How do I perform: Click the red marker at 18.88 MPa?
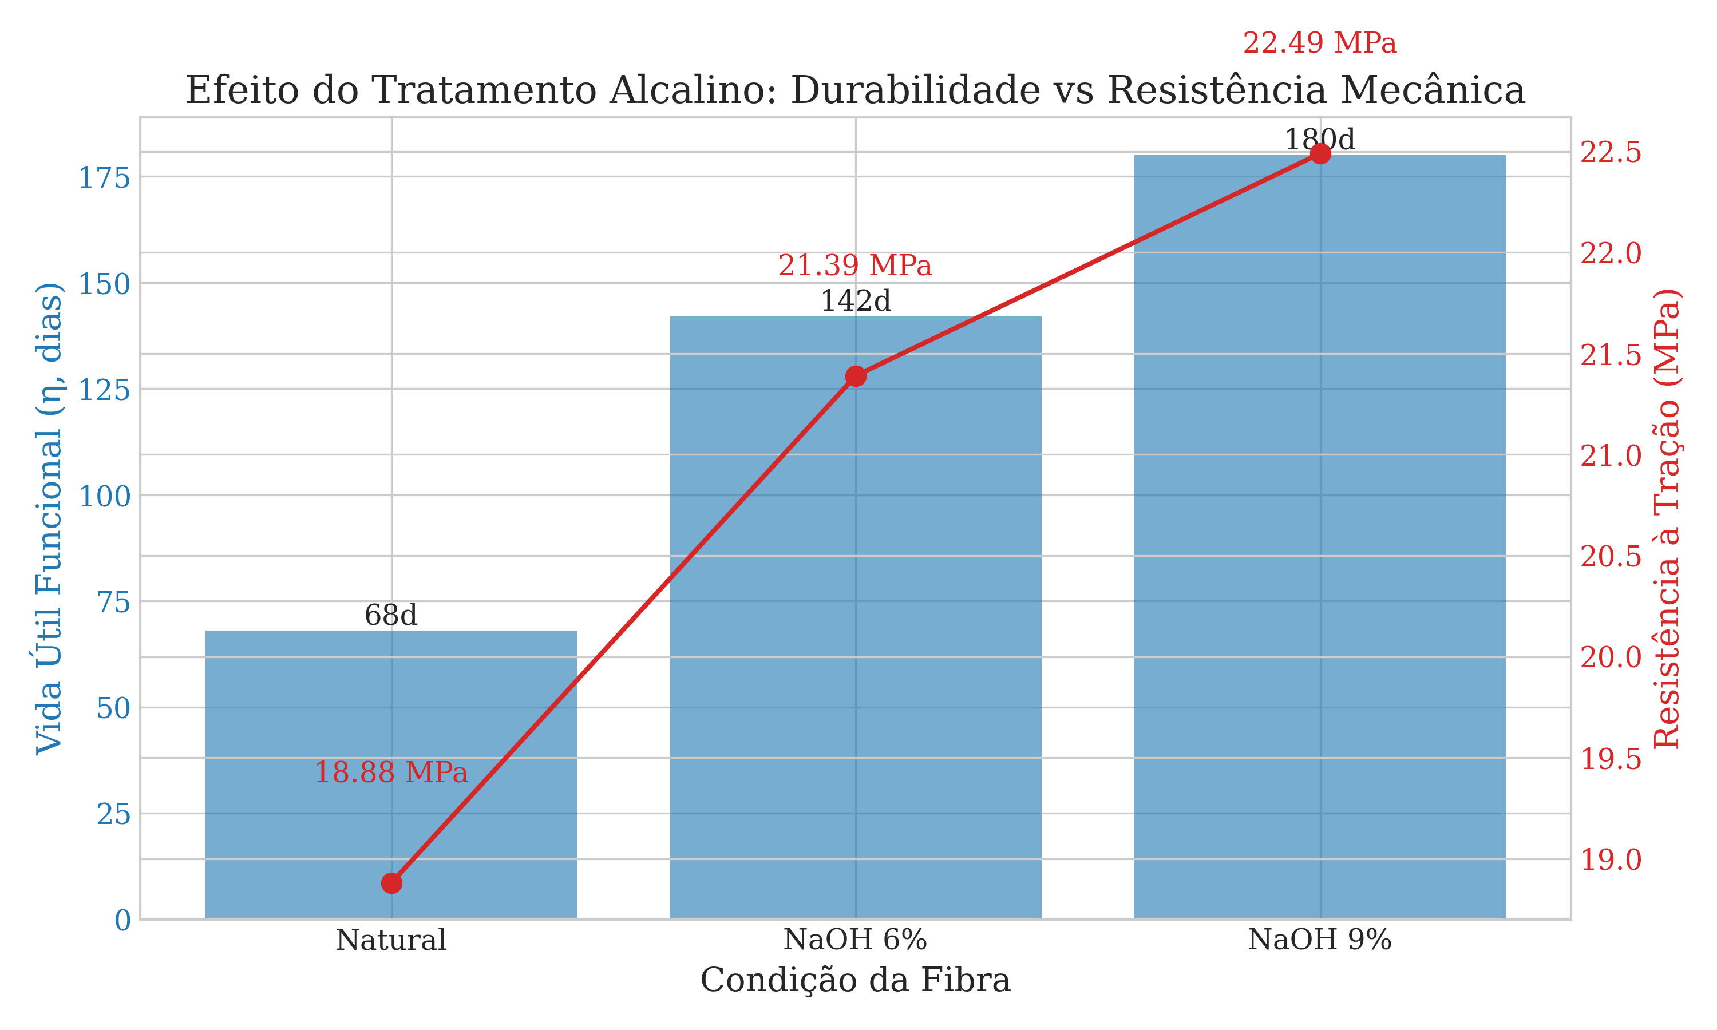pos(391,883)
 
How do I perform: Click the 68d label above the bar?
pos(391,616)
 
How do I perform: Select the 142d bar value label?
pos(855,301)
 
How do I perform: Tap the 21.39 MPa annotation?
pos(854,266)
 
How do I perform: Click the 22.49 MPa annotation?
pos(1319,43)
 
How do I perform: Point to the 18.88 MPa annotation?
pos(391,772)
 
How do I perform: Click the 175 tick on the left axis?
pos(104,179)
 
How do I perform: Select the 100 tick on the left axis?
pos(104,497)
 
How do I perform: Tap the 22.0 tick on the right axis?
pos(1610,253)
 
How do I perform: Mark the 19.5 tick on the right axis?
pos(1610,759)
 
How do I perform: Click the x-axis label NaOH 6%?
pos(855,940)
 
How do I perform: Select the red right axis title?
pos(1667,518)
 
